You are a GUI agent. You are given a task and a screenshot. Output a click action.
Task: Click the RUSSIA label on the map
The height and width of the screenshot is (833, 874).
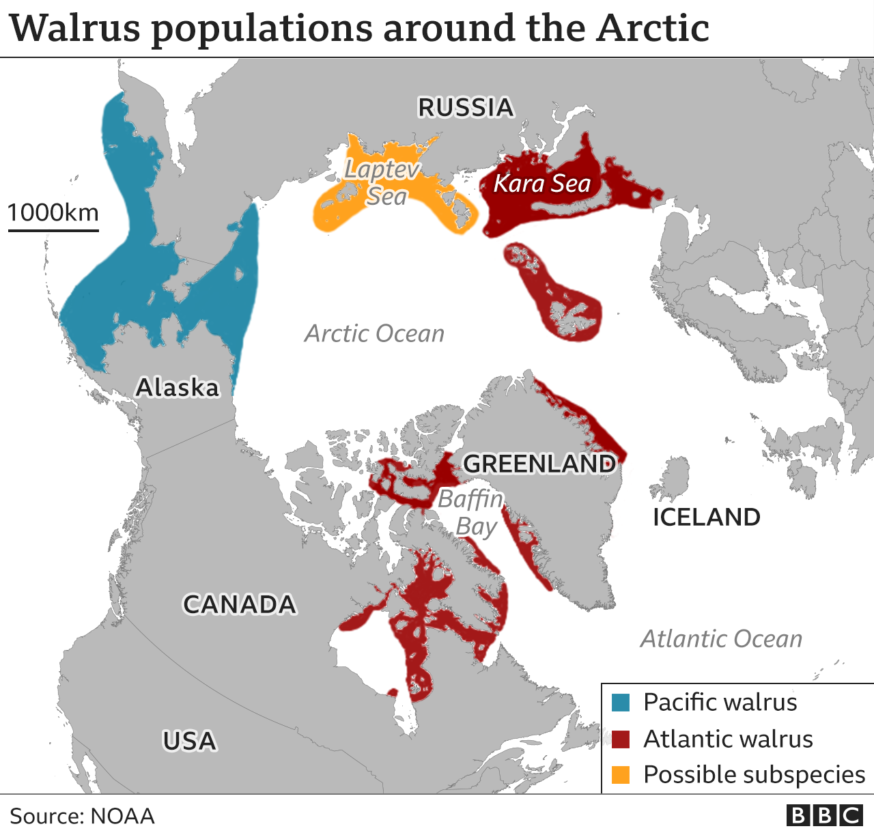click(466, 108)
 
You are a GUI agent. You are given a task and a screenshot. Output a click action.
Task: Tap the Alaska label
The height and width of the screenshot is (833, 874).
click(178, 388)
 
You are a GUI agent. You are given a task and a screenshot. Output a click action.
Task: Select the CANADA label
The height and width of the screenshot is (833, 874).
click(240, 604)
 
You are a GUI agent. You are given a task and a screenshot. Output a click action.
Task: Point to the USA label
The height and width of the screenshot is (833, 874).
click(189, 741)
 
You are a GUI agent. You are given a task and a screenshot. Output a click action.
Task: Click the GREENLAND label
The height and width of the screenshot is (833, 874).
click(539, 464)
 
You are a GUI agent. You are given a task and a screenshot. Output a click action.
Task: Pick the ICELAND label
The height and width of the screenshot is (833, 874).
click(707, 517)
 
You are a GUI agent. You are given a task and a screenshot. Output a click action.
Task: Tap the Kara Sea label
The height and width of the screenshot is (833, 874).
click(542, 183)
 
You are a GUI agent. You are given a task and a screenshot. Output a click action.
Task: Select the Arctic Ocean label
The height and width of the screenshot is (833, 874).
click(374, 333)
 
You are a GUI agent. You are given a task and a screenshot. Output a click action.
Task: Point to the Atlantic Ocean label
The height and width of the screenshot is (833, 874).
click(721, 639)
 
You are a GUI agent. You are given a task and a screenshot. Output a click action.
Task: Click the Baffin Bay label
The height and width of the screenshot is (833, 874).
click(471, 513)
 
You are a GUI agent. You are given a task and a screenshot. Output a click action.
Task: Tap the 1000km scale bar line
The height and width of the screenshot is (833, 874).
click(53, 230)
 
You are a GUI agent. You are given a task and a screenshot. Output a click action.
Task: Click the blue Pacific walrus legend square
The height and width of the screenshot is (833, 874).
click(621, 702)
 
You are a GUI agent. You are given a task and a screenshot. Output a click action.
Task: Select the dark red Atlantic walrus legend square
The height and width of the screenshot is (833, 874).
click(621, 739)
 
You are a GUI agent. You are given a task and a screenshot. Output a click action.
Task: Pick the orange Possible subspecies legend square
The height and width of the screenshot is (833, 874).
click(621, 775)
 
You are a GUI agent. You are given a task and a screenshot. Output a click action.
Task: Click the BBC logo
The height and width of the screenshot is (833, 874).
click(824, 815)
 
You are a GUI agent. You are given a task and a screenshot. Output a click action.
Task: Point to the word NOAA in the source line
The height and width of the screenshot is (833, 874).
click(122, 816)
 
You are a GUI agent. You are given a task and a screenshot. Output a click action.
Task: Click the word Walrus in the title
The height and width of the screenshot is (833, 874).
click(76, 29)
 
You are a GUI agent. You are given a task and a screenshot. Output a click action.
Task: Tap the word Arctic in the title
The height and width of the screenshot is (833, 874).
click(652, 29)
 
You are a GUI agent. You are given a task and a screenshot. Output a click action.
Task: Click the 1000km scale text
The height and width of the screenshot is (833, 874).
click(53, 212)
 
